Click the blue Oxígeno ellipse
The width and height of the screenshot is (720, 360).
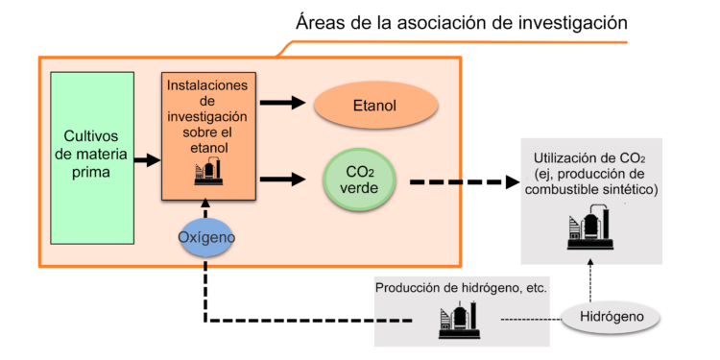pos(206,236)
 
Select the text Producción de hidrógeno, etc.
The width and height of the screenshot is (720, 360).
pos(460,287)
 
